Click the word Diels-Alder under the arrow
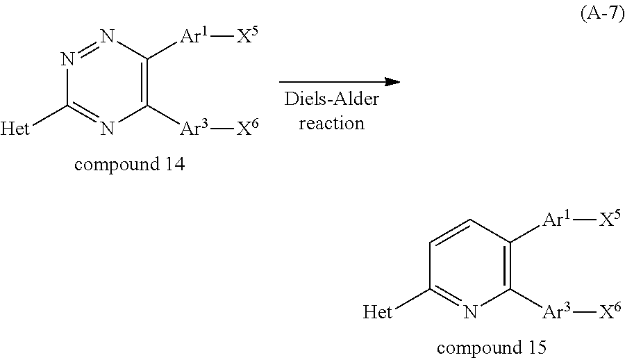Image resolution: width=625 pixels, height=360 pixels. [331, 100]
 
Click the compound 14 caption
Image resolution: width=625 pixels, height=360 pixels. [129, 165]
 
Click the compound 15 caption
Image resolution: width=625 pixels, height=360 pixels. [492, 347]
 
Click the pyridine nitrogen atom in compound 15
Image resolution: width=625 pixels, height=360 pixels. [469, 312]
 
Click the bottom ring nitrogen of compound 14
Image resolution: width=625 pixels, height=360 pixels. [106, 128]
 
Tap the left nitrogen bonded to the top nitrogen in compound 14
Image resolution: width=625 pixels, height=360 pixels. [67, 60]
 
